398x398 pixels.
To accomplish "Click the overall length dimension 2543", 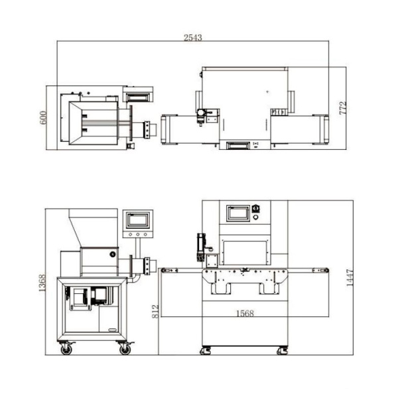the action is tap(192, 38).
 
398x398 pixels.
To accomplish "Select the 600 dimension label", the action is tap(43, 117).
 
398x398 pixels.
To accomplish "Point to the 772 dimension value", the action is tap(343, 108).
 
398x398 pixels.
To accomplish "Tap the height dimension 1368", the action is tap(42, 283).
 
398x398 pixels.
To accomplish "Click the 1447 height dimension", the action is tap(350, 278).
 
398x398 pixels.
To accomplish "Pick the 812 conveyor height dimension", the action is tap(155, 311).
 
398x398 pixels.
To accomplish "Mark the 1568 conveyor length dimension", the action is tap(245, 314).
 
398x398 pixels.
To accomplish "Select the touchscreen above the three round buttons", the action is tap(137, 220).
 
